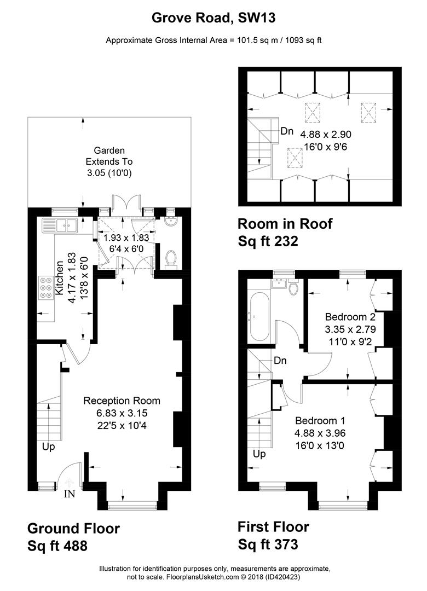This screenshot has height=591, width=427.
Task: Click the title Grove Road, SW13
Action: pyautogui.click(x=214, y=18)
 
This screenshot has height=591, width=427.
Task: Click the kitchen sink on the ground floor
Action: pyautogui.click(x=60, y=225)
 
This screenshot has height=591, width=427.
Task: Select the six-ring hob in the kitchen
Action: pyautogui.click(x=46, y=288)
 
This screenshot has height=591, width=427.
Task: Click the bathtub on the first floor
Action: pyautogui.click(x=258, y=316)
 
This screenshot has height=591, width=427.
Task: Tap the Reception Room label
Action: pyautogui.click(x=122, y=401)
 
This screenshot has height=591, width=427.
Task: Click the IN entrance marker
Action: pyautogui.click(x=70, y=494)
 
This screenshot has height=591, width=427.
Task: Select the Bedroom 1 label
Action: pyautogui.click(x=320, y=421)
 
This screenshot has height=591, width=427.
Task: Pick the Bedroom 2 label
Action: pyautogui.click(x=350, y=317)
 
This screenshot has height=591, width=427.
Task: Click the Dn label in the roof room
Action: pyautogui.click(x=287, y=131)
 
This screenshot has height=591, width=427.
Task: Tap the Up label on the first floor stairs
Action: pyautogui.click(x=259, y=454)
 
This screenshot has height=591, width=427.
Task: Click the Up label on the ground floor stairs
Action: pyautogui.click(x=49, y=447)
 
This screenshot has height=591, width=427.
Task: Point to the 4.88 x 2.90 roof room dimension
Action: pyautogui.click(x=326, y=135)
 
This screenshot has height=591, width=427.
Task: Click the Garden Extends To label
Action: pyautogui.click(x=109, y=156)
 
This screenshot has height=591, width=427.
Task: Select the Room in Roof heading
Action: pyautogui.click(x=285, y=224)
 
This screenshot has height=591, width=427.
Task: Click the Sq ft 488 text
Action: pyautogui.click(x=57, y=546)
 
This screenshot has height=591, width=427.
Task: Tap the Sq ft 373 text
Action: pyautogui.click(x=268, y=544)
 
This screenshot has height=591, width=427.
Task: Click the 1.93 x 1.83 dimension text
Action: pyautogui.click(x=126, y=238)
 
